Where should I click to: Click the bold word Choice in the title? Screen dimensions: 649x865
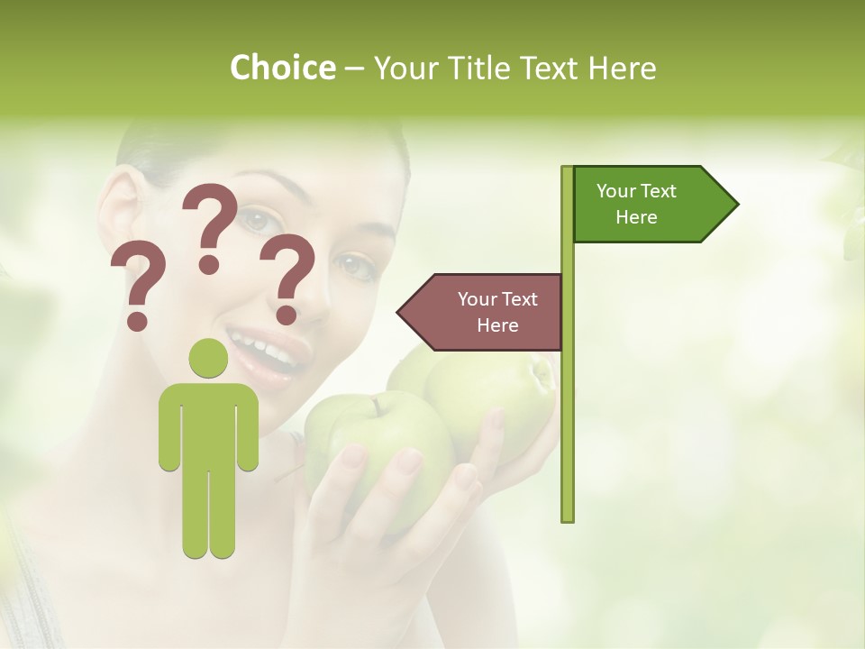[282, 68]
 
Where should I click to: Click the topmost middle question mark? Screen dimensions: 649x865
[211, 225]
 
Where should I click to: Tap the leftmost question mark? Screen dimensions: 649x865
[137, 285]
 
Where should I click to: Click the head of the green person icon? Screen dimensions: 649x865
[208, 359]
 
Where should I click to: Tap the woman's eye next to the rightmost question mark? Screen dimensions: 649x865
[353, 264]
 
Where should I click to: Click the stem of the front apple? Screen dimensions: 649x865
[371, 407]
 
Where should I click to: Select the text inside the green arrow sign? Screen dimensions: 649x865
[636, 204]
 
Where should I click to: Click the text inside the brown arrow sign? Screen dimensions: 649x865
[496, 312]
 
